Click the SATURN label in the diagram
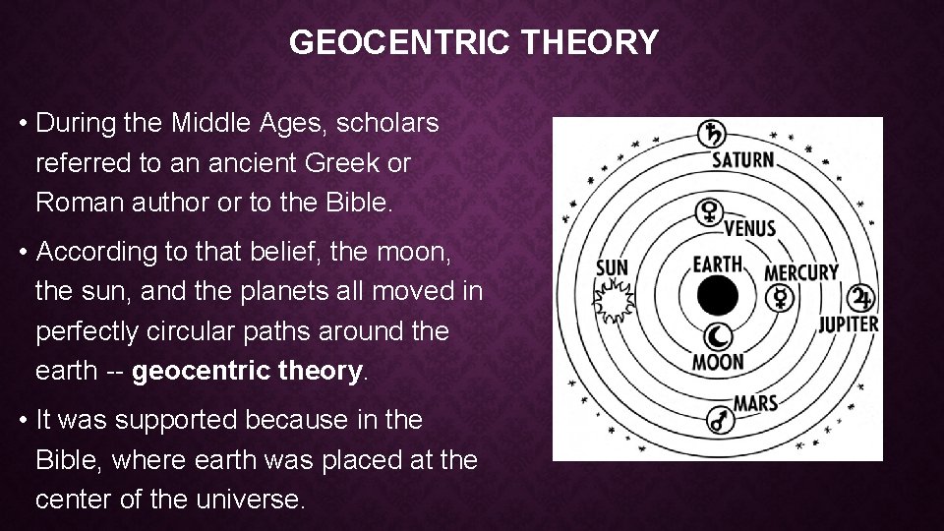(x=742, y=159)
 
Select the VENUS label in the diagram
(x=750, y=228)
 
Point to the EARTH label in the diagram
(x=717, y=264)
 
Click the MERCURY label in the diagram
(x=801, y=272)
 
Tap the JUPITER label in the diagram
(x=849, y=323)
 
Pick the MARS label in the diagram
(x=755, y=402)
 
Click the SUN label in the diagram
(x=612, y=266)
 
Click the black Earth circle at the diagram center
(x=718, y=295)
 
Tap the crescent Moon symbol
(x=719, y=335)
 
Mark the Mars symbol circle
(x=720, y=422)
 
